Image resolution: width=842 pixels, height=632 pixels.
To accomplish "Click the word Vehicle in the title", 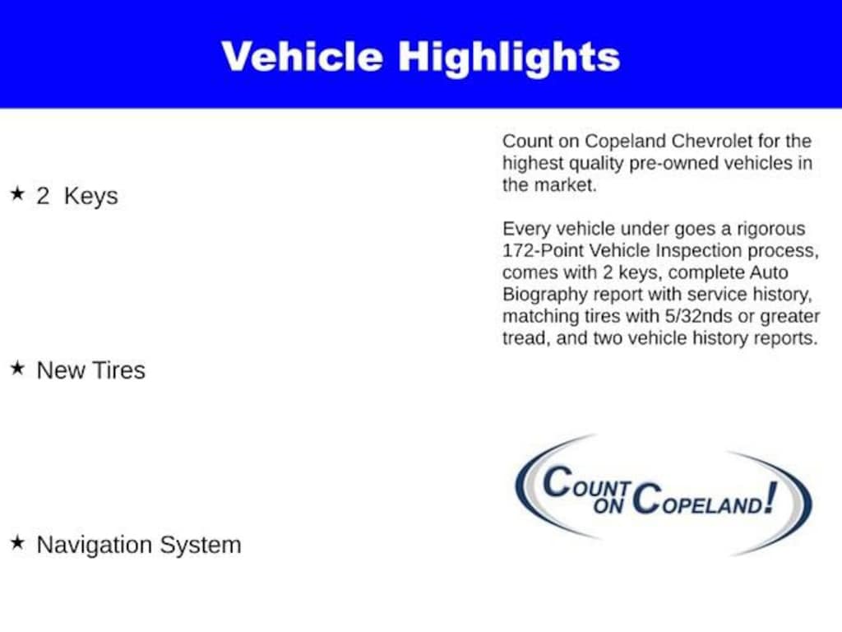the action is pyautogui.click(x=303, y=57).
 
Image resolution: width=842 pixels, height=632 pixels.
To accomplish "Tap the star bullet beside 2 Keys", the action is pyautogui.click(x=18, y=193).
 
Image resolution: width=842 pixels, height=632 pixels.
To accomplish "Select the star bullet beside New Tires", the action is pyautogui.click(x=18, y=368).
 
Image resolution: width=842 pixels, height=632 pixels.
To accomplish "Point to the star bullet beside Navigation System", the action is pyautogui.click(x=18, y=542).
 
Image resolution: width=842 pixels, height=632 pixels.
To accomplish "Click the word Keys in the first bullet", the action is pyautogui.click(x=90, y=197).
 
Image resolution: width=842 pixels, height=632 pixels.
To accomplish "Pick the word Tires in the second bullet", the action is pyautogui.click(x=120, y=371).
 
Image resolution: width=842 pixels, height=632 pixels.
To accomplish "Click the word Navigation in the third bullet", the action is pyautogui.click(x=95, y=546).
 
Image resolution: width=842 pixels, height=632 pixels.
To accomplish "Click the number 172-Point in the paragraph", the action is pyautogui.click(x=542, y=250).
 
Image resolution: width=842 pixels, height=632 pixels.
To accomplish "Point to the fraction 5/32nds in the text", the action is pyautogui.click(x=699, y=316).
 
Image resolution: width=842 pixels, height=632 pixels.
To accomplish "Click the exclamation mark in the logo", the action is pyautogui.click(x=771, y=498).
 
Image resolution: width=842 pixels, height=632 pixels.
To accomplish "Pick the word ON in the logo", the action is pyautogui.click(x=608, y=505).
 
